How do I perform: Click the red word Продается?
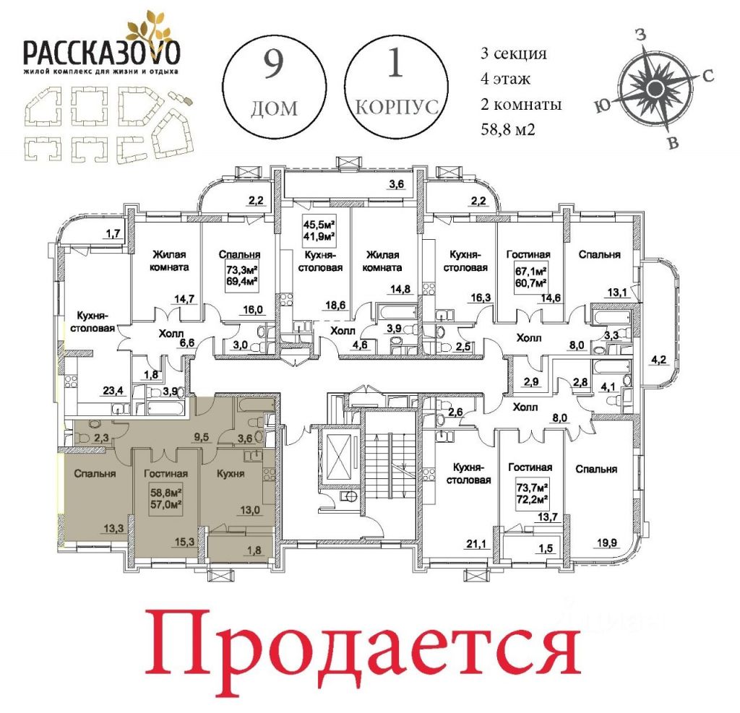[x=363, y=644]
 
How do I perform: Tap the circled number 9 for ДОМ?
[x=273, y=64]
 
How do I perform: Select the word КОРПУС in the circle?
[x=397, y=107]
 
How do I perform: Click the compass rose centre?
[x=654, y=87]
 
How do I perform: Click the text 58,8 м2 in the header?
[x=508, y=129]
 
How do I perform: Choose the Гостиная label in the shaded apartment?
[x=165, y=473]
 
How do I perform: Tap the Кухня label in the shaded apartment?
[x=231, y=473]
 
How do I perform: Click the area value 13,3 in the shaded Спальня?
[x=113, y=528]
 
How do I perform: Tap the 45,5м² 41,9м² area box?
[x=319, y=230]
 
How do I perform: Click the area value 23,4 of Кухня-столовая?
[x=113, y=390]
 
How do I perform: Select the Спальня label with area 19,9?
[x=596, y=469]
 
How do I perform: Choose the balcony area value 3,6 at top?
[x=397, y=184]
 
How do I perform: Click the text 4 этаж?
[x=505, y=78]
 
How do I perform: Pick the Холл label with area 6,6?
[x=171, y=334]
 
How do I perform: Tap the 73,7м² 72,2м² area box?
[x=530, y=491]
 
